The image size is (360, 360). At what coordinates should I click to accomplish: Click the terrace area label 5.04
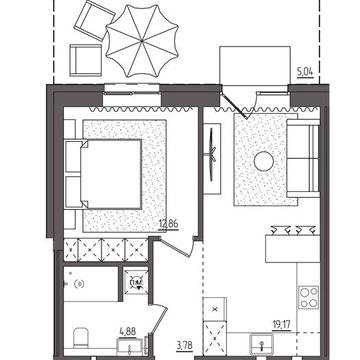305,72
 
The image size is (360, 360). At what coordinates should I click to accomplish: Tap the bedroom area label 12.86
169,224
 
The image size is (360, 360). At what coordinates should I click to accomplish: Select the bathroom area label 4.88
128,332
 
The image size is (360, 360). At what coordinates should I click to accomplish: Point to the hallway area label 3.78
185,343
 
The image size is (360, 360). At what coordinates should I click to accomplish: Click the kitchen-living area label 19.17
281,325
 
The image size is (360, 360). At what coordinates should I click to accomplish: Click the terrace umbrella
142,41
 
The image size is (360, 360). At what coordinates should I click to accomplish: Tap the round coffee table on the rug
264,161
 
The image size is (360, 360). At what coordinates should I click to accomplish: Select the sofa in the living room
303,159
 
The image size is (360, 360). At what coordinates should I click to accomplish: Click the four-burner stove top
308,297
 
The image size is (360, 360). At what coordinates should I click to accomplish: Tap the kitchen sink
262,343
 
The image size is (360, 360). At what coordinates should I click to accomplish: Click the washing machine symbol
136,281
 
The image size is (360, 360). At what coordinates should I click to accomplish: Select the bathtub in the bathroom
91,284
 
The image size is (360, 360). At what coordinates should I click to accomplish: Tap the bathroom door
160,319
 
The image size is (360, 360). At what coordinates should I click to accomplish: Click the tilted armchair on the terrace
94,21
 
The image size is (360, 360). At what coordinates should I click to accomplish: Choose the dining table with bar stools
293,245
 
